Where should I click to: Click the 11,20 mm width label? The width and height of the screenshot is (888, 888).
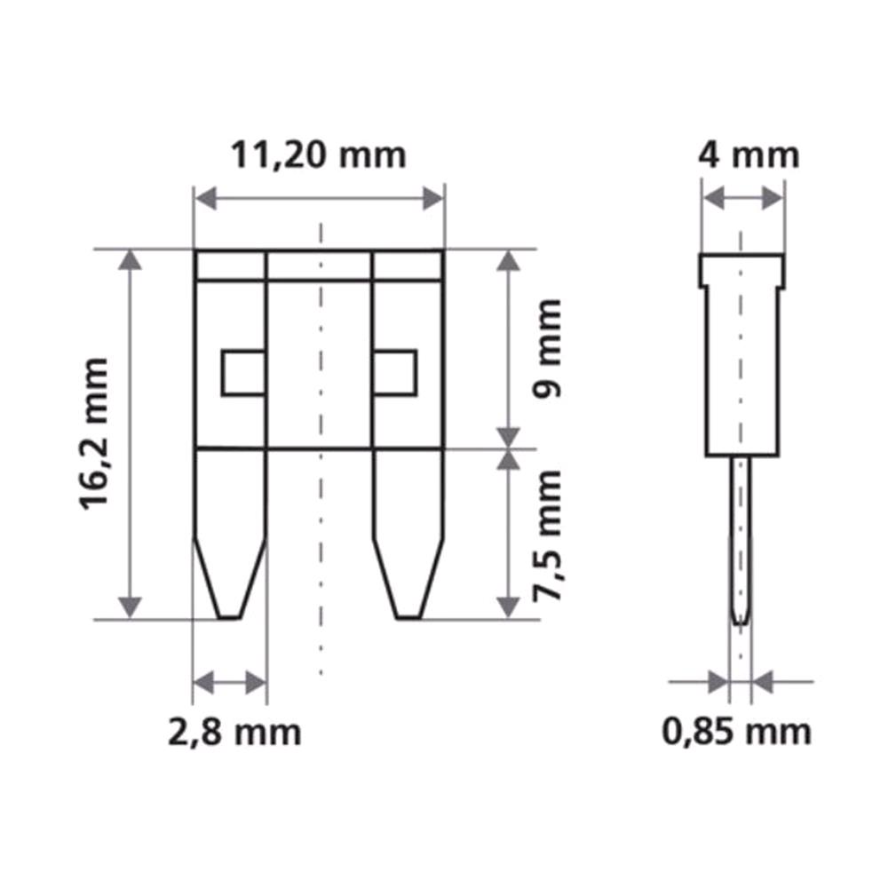(318, 155)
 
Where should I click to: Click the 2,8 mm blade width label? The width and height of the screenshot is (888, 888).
(234, 733)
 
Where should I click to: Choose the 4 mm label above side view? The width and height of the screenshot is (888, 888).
(748, 155)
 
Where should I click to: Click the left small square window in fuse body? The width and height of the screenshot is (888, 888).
(243, 373)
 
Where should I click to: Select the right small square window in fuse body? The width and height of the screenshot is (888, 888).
(395, 373)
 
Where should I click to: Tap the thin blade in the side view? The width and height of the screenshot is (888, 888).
(741, 542)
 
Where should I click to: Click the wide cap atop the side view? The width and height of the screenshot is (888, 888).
(741, 270)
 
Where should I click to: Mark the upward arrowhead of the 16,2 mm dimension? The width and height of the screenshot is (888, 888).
(131, 259)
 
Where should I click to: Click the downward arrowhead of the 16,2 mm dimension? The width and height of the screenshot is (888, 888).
(131, 607)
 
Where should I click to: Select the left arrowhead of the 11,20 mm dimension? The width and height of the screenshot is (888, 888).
(205, 199)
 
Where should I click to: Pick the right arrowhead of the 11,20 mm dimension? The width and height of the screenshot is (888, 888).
(432, 199)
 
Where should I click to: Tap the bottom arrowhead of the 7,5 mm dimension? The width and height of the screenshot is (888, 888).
(507, 607)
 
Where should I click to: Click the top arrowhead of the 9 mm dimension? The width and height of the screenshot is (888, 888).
(507, 259)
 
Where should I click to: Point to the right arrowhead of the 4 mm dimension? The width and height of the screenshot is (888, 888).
(773, 199)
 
